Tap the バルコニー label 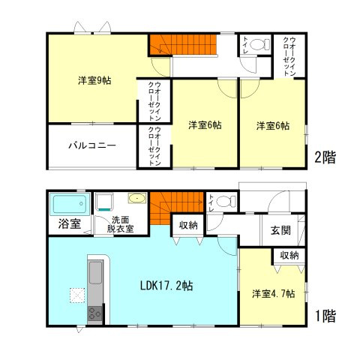(91, 145)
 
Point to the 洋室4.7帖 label (273, 293)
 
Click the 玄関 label (281, 229)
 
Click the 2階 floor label (324, 157)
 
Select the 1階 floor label (324, 316)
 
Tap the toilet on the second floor (258, 45)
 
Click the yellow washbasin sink (136, 199)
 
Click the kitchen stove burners (96, 313)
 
